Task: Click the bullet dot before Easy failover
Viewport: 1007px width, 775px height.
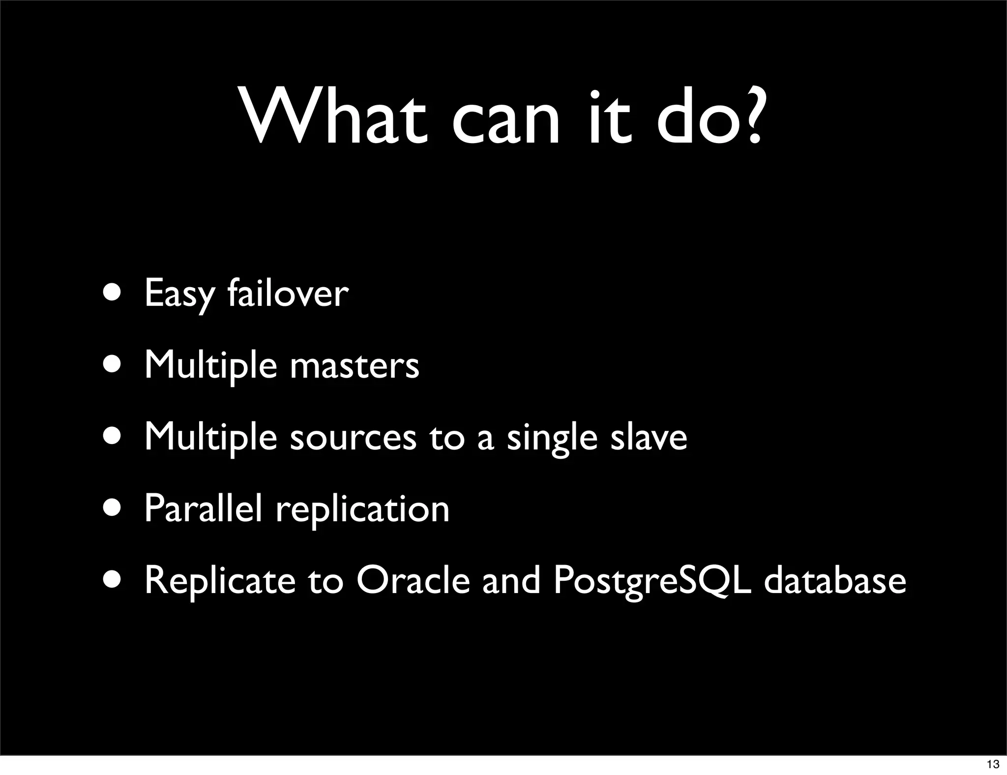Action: tap(113, 294)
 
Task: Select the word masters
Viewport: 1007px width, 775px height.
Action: tap(355, 366)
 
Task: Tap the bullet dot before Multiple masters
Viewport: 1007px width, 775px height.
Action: tap(113, 366)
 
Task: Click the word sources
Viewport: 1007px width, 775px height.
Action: tap(353, 438)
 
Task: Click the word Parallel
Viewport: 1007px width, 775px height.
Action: tap(203, 508)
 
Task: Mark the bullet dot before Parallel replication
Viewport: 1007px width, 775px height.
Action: tap(113, 509)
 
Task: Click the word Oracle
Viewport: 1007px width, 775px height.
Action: tap(413, 580)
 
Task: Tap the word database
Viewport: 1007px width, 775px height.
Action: tap(835, 580)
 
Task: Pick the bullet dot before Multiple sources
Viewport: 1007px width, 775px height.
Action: tap(113, 438)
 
